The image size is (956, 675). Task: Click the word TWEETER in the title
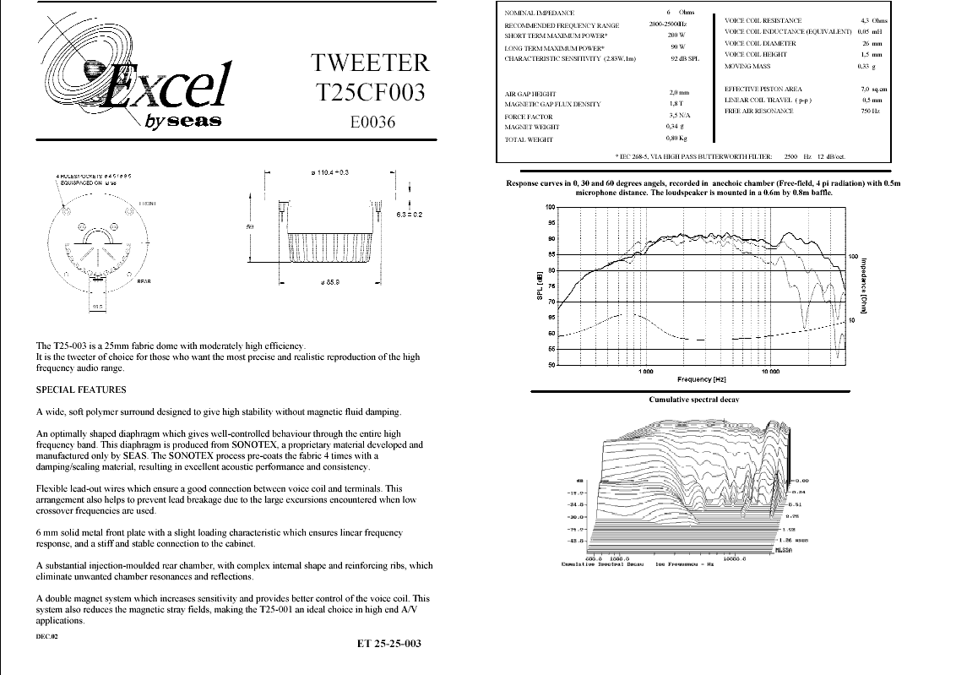pos(371,63)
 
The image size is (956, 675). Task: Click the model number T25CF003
pos(371,92)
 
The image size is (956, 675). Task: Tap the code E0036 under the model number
pos(372,122)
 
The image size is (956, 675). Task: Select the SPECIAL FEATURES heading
pos(81,389)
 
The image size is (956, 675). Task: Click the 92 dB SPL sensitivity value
pos(685,59)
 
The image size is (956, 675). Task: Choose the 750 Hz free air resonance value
pos(870,111)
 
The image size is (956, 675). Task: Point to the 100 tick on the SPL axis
pos(550,207)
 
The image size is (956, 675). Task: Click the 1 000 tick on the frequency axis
pos(645,371)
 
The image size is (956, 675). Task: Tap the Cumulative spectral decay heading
pos(693,399)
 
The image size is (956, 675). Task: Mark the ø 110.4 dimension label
pos(331,171)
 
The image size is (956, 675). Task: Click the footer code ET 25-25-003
pos(388,644)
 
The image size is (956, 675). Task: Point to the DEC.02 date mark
pos(47,635)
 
